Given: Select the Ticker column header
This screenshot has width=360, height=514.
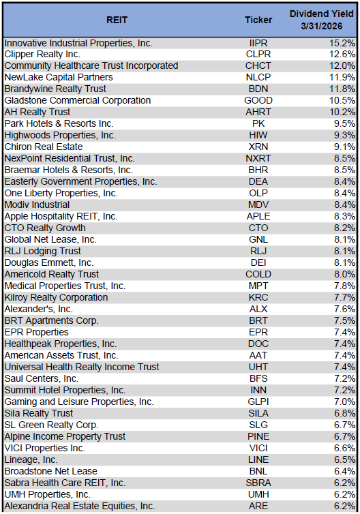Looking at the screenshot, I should point(258,20).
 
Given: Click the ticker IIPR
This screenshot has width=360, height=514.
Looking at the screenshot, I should point(258,43).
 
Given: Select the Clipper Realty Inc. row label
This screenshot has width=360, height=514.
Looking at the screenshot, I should point(42,55).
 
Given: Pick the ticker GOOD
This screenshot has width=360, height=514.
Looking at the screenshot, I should point(258,101).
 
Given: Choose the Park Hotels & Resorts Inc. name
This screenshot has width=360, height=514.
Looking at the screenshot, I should point(59,124).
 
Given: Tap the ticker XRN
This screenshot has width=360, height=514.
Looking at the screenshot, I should point(258,147).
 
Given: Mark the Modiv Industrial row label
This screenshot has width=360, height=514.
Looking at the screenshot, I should point(37,205).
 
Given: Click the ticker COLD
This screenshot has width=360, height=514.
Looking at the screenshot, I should point(258,275).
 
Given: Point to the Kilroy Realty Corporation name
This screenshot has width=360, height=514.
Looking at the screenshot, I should point(56,298).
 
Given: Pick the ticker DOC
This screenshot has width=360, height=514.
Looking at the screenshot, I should point(258,344).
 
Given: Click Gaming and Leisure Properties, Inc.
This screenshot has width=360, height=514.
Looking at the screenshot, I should point(79,402).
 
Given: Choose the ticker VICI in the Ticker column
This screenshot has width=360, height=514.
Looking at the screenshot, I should point(258,449).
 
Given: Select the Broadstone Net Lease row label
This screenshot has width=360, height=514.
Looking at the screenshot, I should point(50,472).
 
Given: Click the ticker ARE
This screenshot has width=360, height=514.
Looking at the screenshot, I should point(258,507).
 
